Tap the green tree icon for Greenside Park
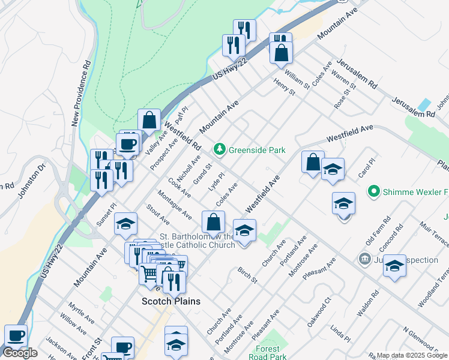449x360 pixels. click(x=220, y=149)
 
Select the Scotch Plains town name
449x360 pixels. click(x=170, y=301)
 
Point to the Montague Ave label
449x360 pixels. click(x=175, y=205)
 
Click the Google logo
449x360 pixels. click(x=20, y=353)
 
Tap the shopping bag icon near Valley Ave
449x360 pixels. click(x=149, y=119)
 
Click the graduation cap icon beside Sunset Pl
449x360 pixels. click(x=125, y=224)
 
